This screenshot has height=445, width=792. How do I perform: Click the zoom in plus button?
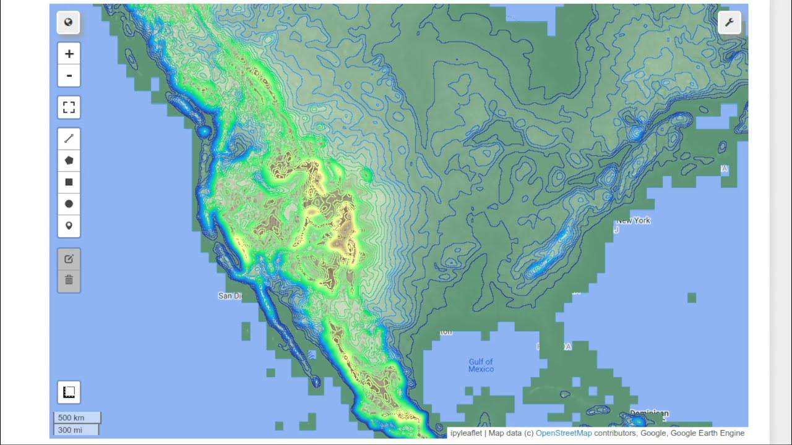69,54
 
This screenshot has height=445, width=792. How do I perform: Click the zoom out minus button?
69,76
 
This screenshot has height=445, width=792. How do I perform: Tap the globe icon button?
69,23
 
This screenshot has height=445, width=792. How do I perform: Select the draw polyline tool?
69,138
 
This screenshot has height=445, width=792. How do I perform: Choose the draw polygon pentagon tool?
69,160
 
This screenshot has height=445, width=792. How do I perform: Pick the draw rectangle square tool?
69,182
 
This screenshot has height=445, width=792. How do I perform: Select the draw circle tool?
69,204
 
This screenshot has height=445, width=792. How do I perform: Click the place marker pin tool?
69,226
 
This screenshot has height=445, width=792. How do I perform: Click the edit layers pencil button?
69,259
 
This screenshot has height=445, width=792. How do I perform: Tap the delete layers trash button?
69,280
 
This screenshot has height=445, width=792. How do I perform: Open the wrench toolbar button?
730,23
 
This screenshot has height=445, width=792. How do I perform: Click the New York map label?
633,221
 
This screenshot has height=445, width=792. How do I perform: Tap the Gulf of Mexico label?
481,365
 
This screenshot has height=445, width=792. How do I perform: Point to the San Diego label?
230,296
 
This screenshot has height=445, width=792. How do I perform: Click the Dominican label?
649,413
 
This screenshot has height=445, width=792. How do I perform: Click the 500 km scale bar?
77,418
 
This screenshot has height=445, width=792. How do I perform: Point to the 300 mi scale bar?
75,430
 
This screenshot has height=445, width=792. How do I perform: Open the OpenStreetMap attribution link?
564,433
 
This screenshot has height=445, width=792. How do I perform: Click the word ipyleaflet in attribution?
466,433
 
